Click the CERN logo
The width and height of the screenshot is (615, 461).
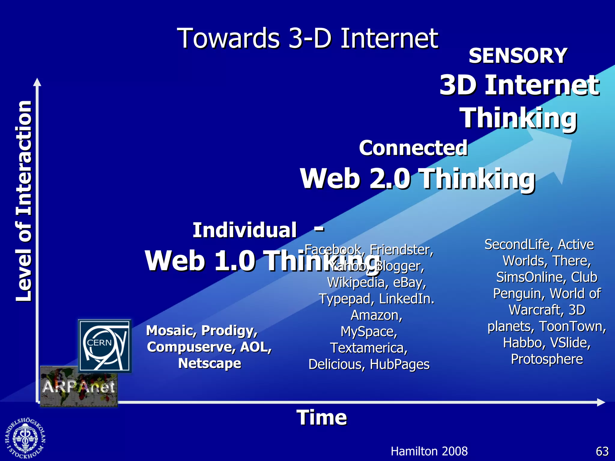105,345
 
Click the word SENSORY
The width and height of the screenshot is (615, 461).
518,56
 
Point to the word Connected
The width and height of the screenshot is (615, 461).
413,148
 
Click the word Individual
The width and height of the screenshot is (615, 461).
244,230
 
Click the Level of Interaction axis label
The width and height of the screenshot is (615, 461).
24,201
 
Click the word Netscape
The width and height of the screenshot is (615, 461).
210,363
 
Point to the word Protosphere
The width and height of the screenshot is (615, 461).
547,359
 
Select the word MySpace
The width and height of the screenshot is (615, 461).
368,332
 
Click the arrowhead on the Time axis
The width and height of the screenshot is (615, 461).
601,402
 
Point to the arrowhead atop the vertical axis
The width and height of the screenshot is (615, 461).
37,82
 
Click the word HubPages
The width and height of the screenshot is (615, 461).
399,364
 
